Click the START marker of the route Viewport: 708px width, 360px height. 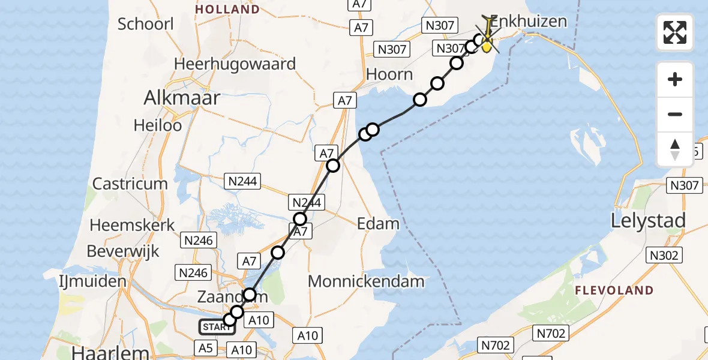pos(217,327)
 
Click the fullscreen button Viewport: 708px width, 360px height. pos(675,32)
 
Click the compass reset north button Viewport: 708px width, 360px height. pos(675,150)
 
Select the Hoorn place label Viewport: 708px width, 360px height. pos(390,74)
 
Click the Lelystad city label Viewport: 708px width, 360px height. pos(648,221)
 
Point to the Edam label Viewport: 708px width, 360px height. pos(378,224)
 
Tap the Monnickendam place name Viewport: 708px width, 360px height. pos(366,281)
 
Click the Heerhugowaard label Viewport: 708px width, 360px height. pos(235,64)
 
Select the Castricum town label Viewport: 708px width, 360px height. pos(130,184)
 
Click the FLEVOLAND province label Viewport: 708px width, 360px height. pos(614,290)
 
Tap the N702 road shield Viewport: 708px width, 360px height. pos(496,345)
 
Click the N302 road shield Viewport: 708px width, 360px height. pos(664,256)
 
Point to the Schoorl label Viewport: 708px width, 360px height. pos(146,25)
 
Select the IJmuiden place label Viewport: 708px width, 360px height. pos(92,281)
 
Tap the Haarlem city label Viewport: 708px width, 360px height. pos(110,352)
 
